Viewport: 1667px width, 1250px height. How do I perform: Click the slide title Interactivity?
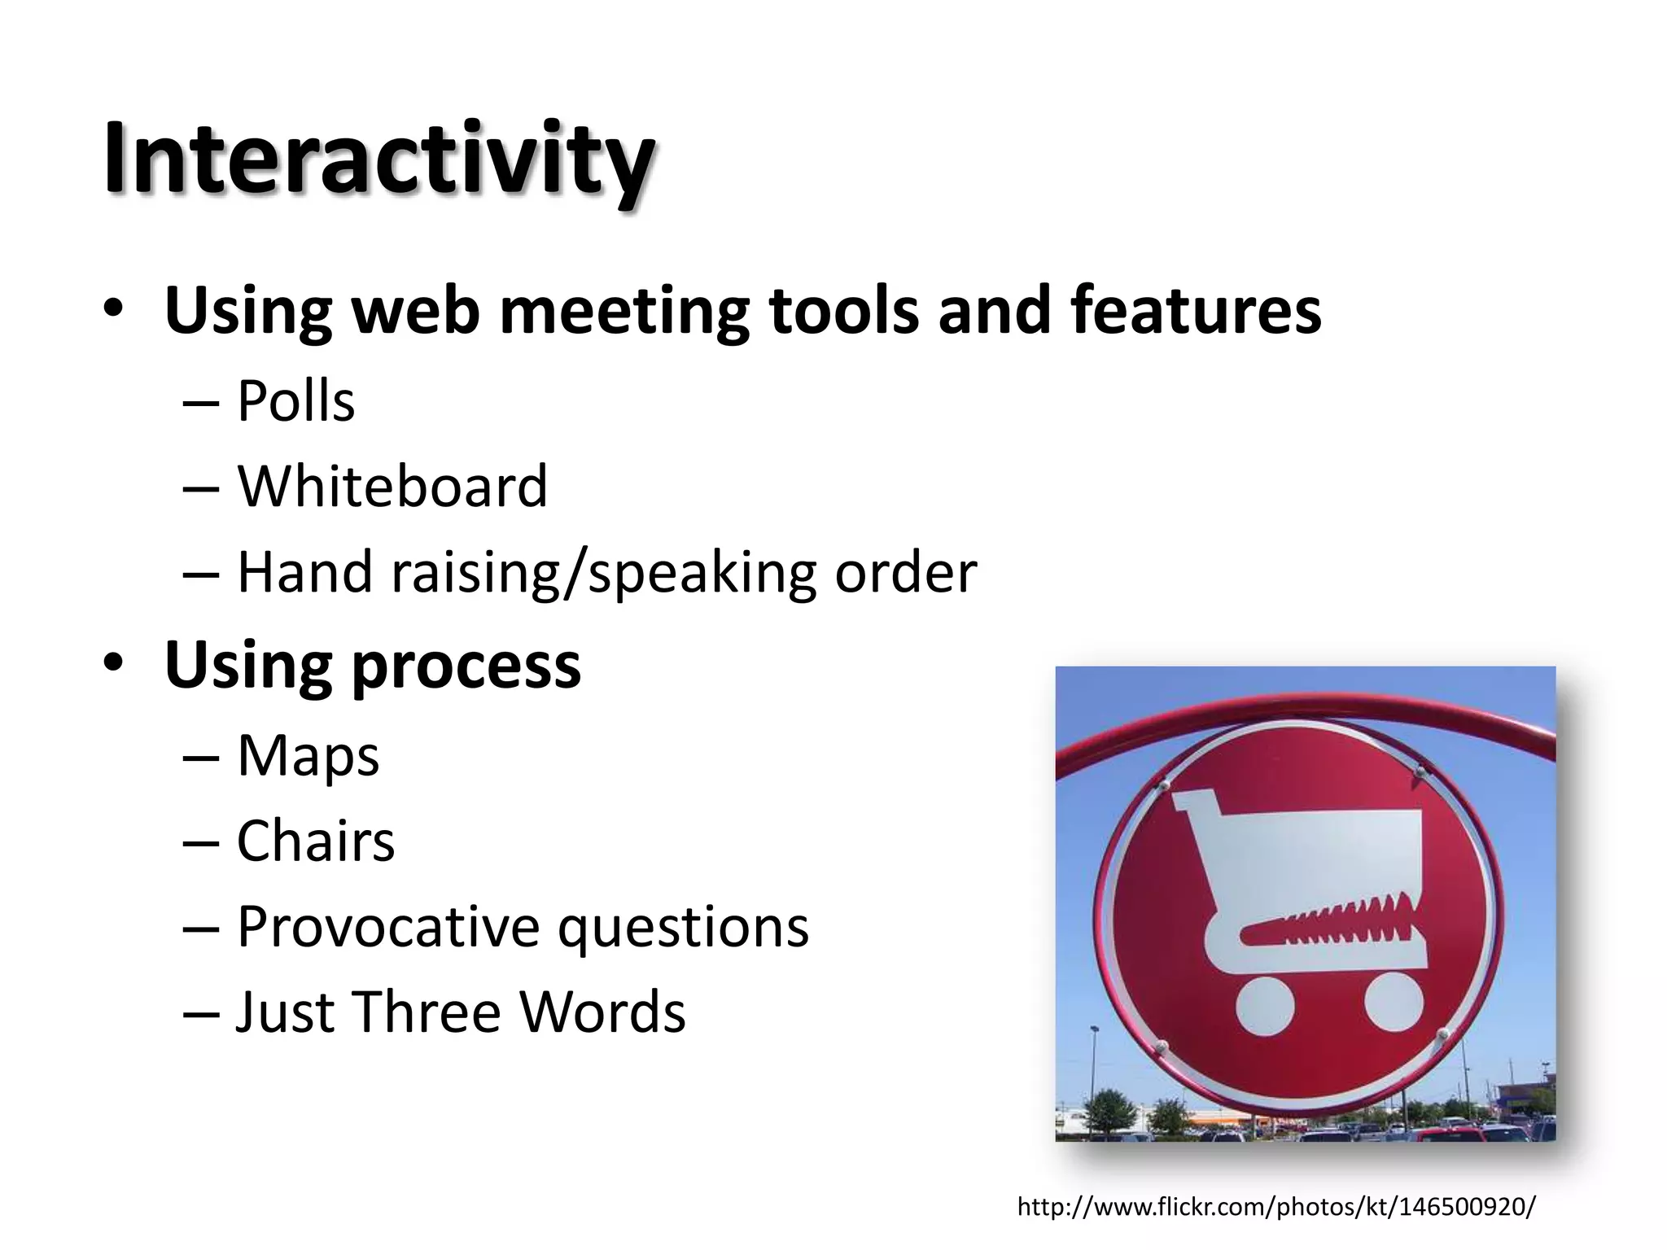point(378,159)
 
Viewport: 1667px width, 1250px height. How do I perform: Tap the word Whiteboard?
point(392,486)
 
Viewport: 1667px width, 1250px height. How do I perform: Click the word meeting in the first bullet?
point(624,312)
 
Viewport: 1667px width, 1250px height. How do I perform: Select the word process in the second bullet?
point(466,666)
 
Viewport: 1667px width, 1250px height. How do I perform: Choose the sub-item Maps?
point(308,756)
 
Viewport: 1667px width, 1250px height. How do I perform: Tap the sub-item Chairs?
point(316,841)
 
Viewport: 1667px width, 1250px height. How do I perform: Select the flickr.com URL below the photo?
point(1276,1206)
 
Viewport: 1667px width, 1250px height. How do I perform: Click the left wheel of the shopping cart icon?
point(1264,1006)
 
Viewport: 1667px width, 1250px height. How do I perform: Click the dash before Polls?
point(201,403)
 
